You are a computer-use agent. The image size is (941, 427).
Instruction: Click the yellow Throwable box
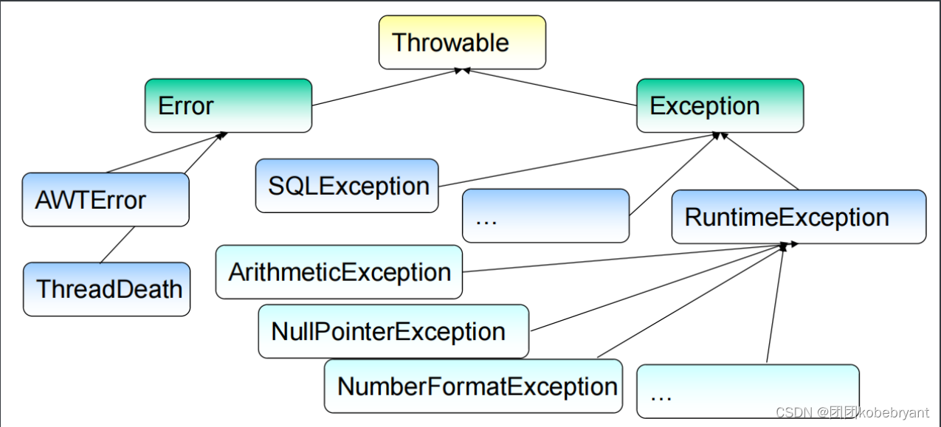click(462, 42)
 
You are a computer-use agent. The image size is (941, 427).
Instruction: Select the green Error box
click(228, 105)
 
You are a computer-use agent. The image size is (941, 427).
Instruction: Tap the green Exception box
click(720, 105)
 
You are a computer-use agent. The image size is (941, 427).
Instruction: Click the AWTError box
click(106, 199)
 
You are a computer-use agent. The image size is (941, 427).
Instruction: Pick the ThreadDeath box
click(106, 289)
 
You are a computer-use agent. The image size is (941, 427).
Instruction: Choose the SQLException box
click(347, 185)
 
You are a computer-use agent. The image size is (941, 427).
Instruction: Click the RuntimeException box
click(798, 217)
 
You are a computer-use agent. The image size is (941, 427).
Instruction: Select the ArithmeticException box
click(339, 272)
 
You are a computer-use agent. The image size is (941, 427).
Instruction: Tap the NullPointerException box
click(393, 331)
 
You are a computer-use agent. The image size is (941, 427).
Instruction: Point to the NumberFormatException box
click(472, 386)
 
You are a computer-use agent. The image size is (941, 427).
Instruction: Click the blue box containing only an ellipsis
click(545, 215)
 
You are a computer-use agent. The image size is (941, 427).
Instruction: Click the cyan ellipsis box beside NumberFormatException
click(747, 391)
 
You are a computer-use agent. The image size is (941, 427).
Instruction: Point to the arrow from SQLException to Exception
click(576, 160)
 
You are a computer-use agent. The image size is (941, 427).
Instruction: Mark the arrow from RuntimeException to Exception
click(760, 162)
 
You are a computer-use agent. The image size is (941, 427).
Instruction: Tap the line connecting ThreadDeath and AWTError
click(117, 244)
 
